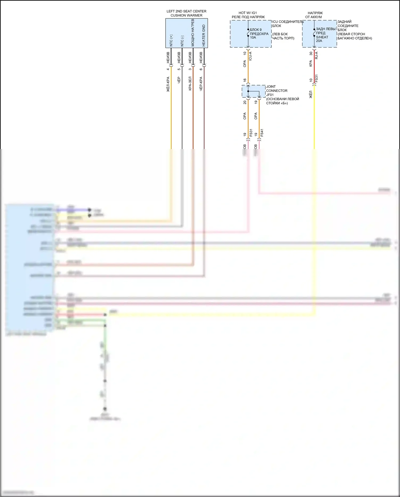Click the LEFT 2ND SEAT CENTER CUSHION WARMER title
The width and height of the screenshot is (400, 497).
tap(186, 13)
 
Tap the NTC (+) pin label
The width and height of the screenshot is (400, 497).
tap(171, 40)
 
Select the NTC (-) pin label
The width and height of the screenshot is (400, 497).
tap(182, 41)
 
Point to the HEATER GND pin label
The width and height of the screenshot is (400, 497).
tap(204, 36)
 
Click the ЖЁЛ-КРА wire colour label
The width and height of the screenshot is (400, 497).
tap(168, 84)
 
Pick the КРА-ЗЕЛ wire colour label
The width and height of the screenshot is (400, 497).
tap(190, 84)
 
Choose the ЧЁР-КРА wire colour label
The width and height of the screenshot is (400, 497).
tap(201, 84)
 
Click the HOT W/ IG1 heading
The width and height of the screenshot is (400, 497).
tap(248, 13)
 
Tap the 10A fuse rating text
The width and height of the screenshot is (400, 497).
tap(253, 38)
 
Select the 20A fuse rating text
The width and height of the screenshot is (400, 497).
tap(319, 41)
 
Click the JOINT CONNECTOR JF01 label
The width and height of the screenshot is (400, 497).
tap(277, 91)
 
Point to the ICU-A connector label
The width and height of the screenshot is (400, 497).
tap(250, 56)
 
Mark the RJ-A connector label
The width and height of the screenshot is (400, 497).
tap(316, 56)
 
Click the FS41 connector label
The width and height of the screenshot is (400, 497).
tap(262, 133)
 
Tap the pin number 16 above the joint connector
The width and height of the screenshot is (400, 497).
tap(245, 80)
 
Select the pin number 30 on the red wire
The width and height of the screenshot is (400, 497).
tap(311, 53)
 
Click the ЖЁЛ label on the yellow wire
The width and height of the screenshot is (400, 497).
tap(311, 94)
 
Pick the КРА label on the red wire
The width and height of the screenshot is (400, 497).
tap(311, 64)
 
